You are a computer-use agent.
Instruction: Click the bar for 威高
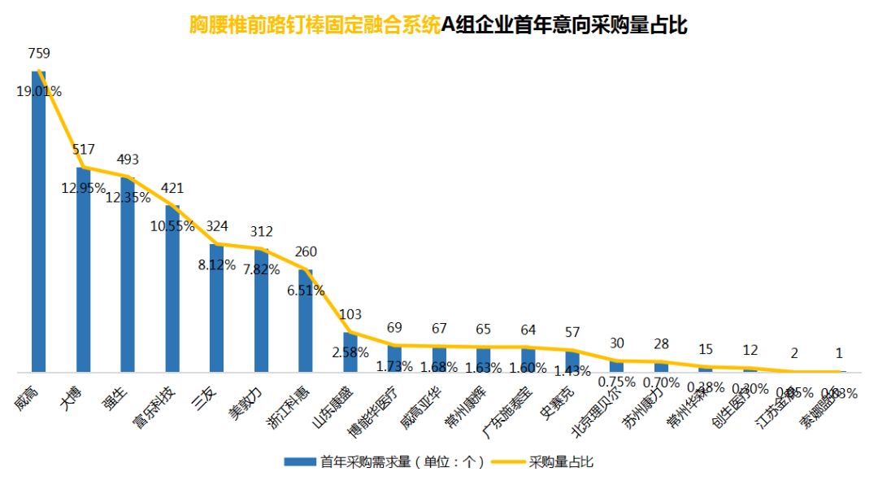[x=38, y=228]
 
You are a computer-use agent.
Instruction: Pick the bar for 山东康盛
[x=350, y=354]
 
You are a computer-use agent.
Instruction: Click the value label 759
[x=39, y=54]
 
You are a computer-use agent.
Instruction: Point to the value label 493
[x=128, y=159]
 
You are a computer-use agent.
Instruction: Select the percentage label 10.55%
[x=172, y=226]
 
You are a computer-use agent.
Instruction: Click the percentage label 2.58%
[x=350, y=352]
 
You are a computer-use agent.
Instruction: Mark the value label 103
[x=350, y=314]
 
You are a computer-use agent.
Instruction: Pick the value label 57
[x=572, y=332]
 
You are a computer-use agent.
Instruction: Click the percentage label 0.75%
[x=616, y=381]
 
